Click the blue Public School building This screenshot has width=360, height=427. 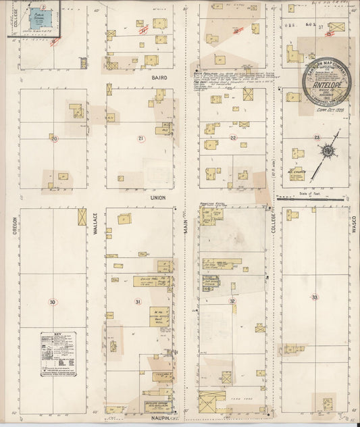point(41,19)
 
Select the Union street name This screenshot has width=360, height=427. point(158,198)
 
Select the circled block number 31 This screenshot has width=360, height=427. point(138,301)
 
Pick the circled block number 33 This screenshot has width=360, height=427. point(315,297)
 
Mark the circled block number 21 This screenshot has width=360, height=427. point(140,139)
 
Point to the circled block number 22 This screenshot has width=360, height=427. point(233,138)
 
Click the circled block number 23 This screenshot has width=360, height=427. point(317,137)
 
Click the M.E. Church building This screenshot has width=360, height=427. point(297,174)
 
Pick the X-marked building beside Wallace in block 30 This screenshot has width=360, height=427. point(82,217)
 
